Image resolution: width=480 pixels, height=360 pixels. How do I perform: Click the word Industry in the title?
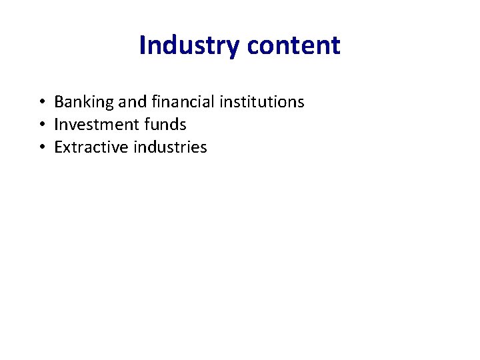[189, 45]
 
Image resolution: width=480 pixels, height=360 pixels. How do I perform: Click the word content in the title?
[293, 45]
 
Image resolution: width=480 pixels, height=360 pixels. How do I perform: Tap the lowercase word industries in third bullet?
[170, 147]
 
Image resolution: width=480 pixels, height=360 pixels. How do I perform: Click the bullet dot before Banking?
[41, 103]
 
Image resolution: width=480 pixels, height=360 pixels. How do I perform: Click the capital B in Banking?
[59, 102]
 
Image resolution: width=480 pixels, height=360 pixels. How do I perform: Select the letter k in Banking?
[88, 102]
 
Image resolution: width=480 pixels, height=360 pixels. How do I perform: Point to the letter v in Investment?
[71, 125]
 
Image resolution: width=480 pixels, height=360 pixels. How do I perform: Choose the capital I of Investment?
[56, 125]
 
